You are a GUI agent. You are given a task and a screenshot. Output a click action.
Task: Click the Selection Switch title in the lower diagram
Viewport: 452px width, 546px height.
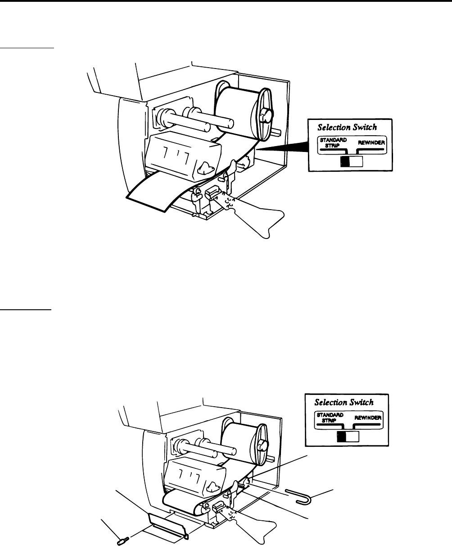click(345, 402)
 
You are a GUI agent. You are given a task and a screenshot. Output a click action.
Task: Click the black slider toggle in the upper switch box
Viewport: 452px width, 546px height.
click(345, 162)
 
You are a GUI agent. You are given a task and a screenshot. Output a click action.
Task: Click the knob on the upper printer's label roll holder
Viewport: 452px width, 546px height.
click(267, 115)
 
